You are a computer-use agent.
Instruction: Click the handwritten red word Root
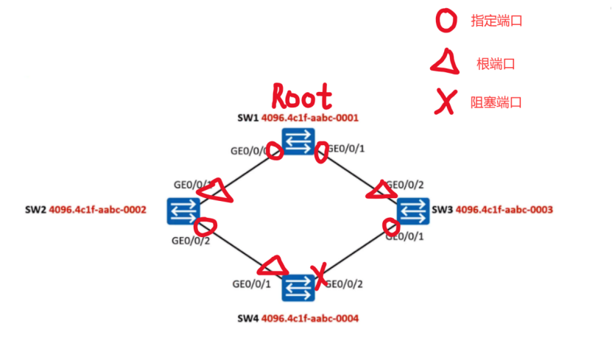pyautogui.click(x=302, y=96)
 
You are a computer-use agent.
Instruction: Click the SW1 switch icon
pyautogui.click(x=298, y=141)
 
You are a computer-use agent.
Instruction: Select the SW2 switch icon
pyautogui.click(x=180, y=211)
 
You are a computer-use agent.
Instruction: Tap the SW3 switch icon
pyautogui.click(x=412, y=211)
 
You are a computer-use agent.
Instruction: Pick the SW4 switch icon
pyautogui.click(x=298, y=287)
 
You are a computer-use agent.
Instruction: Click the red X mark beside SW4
pyautogui.click(x=320, y=274)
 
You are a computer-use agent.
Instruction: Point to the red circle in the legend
pyautogui.click(x=446, y=21)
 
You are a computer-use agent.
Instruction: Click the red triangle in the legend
pyautogui.click(x=446, y=64)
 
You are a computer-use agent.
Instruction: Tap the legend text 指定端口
pyautogui.click(x=496, y=21)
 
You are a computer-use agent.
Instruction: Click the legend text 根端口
pyautogui.click(x=495, y=64)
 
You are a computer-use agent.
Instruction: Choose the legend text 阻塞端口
pyautogui.click(x=496, y=103)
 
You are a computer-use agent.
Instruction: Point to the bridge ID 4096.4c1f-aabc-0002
pyautogui.click(x=97, y=210)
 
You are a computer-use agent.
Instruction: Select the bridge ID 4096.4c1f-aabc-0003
pyautogui.click(x=504, y=210)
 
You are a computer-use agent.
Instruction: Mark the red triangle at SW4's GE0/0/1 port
pyautogui.click(x=272, y=264)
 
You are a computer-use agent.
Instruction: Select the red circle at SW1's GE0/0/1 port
pyautogui.click(x=321, y=154)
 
